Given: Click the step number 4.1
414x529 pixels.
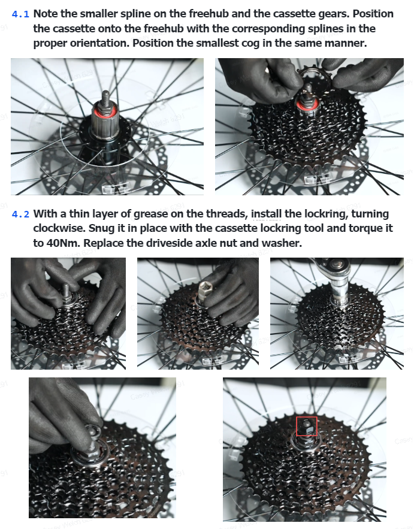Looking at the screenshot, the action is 20,14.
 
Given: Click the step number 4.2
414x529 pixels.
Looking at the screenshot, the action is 20,214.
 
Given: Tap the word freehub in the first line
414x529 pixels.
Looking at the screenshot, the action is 208,14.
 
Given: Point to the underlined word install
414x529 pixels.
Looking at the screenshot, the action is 266,214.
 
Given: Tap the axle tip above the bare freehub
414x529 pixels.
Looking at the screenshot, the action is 105,95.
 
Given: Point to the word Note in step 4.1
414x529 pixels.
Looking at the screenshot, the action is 46,14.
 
